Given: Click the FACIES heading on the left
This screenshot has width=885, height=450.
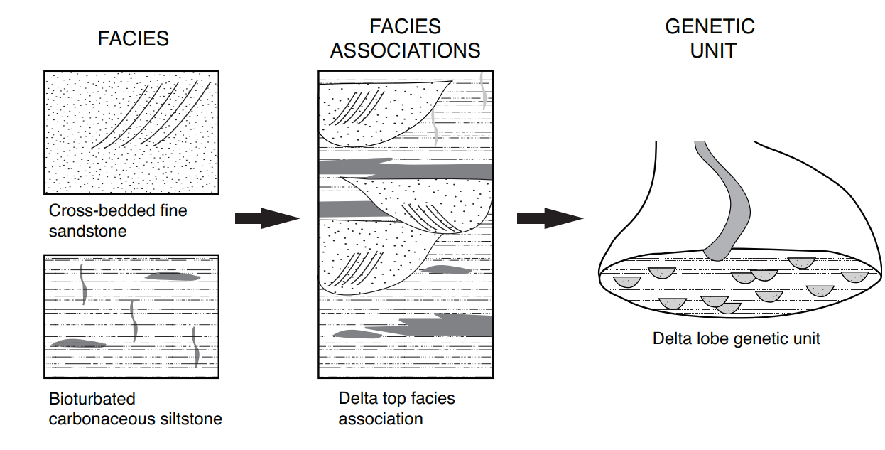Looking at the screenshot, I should (133, 39).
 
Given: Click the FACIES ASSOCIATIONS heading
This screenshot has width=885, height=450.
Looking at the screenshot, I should (405, 39).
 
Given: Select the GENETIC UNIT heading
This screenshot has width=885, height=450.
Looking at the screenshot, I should (710, 39).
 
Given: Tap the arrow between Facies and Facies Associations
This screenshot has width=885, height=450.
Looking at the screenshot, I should (267, 218).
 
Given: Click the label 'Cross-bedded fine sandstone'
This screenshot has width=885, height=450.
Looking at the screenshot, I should (118, 220).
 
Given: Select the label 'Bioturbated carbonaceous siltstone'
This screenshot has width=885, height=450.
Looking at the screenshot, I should (135, 409).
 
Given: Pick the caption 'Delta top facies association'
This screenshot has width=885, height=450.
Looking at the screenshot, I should (396, 408).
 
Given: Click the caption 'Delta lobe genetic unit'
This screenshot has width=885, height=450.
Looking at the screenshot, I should (736, 338).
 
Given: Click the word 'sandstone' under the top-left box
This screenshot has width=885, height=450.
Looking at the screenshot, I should (87, 231).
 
